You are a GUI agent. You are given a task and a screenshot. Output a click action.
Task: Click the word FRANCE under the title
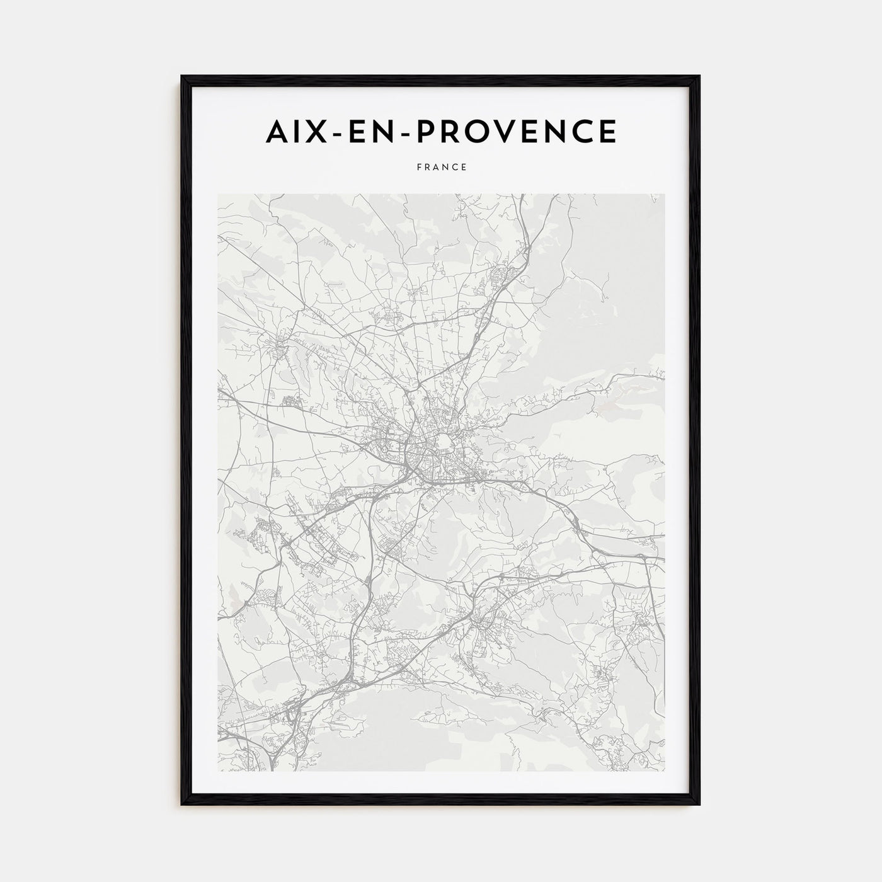[x=441, y=168]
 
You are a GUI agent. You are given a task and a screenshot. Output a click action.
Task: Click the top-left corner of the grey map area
[x=218, y=194]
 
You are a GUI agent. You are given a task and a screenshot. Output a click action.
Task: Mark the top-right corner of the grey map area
[x=664, y=194]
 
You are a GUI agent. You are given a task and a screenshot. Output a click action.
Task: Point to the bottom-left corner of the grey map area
[x=218, y=771]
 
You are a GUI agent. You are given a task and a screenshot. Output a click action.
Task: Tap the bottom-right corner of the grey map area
[x=664, y=771]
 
